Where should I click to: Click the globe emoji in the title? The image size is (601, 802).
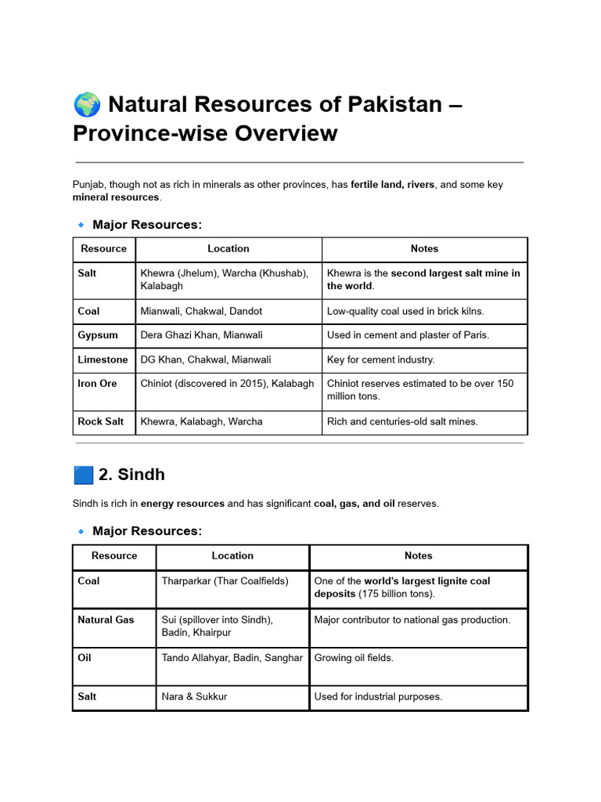(86, 104)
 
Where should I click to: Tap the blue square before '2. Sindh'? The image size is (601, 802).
(83, 475)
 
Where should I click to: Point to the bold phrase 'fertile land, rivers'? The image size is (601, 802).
(392, 185)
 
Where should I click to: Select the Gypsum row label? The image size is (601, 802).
(98, 335)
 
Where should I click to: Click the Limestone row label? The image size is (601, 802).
(103, 359)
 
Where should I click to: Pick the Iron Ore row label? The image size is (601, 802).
(97, 384)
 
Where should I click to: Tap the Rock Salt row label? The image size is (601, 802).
(100, 421)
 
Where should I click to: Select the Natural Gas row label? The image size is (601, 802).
(106, 620)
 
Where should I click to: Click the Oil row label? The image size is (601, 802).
(85, 658)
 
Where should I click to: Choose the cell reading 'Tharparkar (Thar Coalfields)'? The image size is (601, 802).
(225, 581)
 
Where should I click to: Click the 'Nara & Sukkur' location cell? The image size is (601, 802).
(194, 696)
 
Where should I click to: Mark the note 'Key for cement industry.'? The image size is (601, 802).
(380, 359)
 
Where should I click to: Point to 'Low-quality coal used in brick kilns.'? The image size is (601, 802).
(405, 311)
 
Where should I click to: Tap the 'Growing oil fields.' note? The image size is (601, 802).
(353, 658)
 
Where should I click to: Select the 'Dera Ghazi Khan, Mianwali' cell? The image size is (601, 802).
(201, 335)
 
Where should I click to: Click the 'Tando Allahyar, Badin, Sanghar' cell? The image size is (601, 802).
(232, 658)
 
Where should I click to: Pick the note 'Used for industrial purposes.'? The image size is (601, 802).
(378, 696)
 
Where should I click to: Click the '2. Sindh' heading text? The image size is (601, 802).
(131, 475)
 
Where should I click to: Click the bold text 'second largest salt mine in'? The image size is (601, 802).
(455, 273)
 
